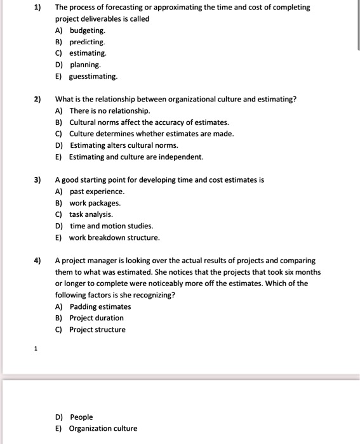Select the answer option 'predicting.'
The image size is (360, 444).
point(87,42)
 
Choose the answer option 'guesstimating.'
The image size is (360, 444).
point(93,76)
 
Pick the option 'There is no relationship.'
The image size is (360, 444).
point(109,110)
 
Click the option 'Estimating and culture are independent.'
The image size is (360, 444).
point(136,157)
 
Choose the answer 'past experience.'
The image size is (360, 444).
point(97,191)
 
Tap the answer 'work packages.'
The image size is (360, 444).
point(95,203)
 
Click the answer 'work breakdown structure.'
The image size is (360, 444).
point(114,238)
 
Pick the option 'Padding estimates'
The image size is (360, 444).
point(100,306)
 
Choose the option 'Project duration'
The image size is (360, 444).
point(97,318)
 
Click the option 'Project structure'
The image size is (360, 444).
point(97,330)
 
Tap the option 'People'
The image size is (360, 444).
point(81,417)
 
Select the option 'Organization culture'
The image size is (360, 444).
point(103,428)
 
